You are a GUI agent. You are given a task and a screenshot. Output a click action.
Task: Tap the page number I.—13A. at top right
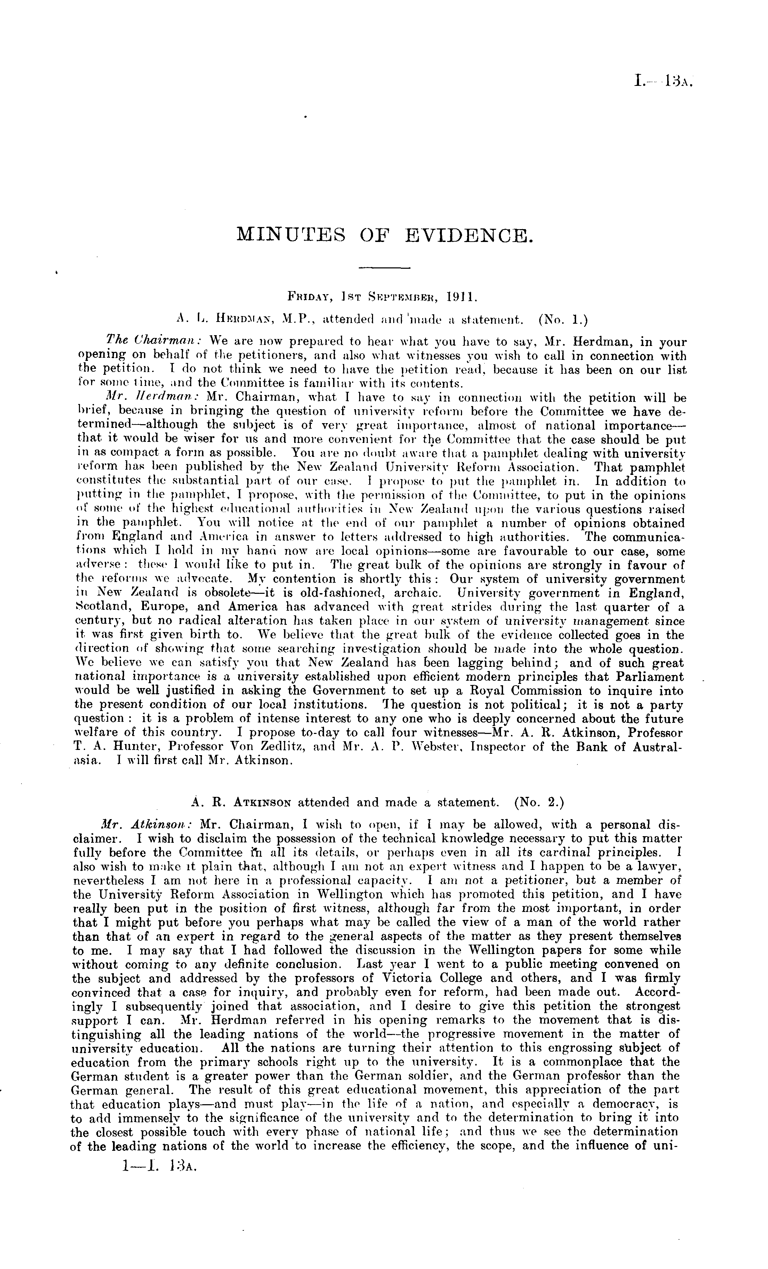(664, 81)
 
